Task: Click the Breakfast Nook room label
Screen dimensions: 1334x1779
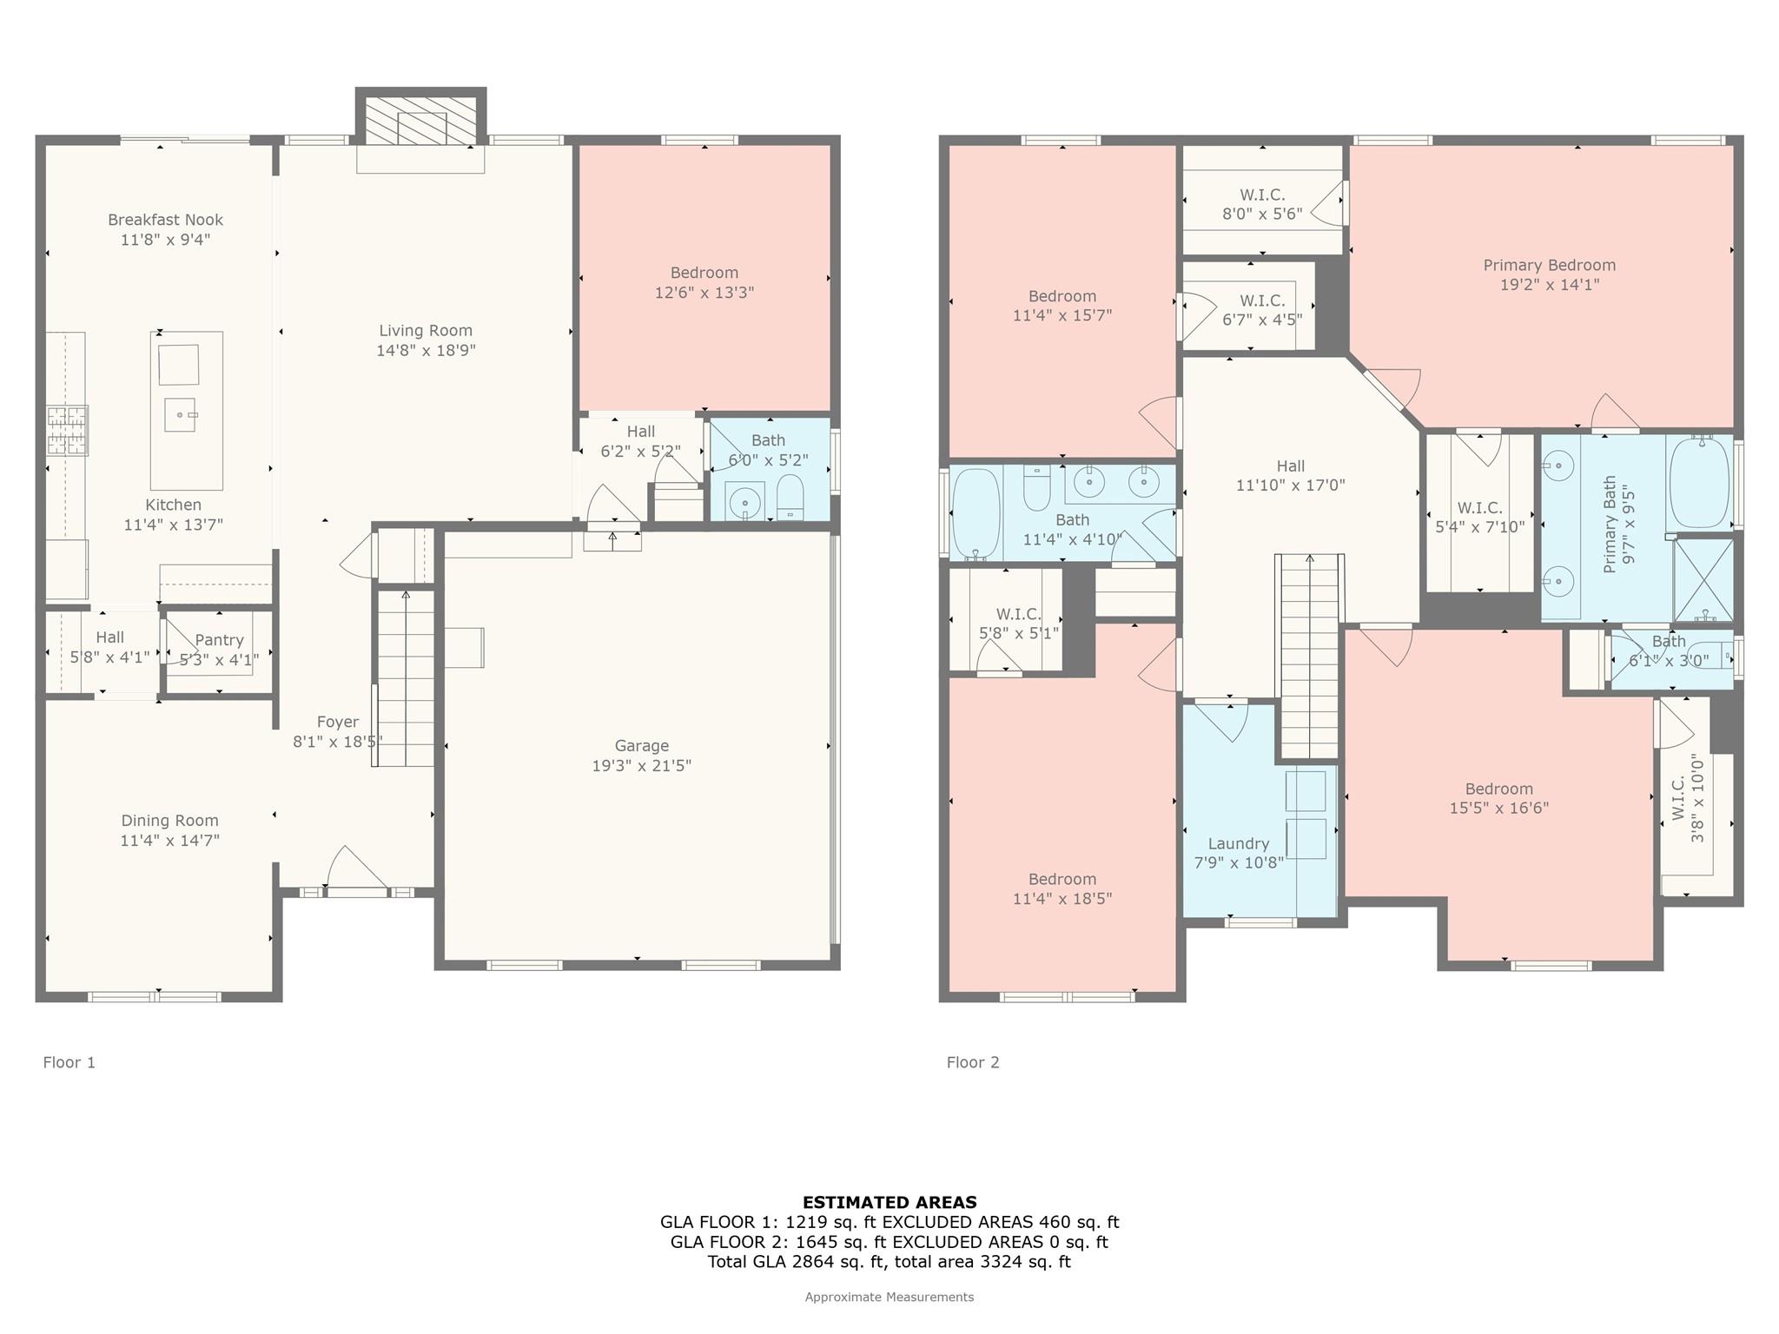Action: (x=166, y=220)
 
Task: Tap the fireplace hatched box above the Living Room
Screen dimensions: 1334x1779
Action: (x=420, y=121)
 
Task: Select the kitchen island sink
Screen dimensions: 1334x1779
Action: (x=181, y=415)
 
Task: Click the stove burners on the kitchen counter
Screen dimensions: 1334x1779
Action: (x=67, y=431)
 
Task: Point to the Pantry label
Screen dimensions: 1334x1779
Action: (x=219, y=640)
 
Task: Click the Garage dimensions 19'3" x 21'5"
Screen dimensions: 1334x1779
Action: (x=642, y=765)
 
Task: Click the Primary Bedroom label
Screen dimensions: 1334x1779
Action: (x=1550, y=265)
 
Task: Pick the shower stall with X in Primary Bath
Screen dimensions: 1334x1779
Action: (x=1703, y=580)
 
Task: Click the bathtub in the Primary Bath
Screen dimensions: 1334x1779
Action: (x=1699, y=483)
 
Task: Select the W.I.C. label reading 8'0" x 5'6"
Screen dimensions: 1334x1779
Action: (x=1262, y=214)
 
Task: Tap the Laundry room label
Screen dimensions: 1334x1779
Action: (x=1239, y=843)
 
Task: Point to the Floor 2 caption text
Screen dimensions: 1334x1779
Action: (x=973, y=1062)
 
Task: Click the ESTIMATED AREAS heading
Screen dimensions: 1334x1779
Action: (x=889, y=1202)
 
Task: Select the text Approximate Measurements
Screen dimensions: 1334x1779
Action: (x=889, y=1297)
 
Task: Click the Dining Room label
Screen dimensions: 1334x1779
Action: (x=169, y=820)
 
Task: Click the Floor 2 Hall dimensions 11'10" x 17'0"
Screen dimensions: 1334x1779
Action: (x=1291, y=485)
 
